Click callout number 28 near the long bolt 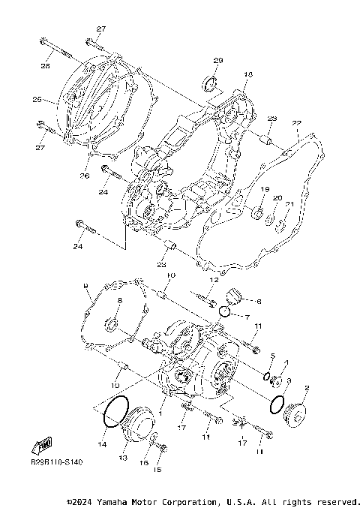coord(46,65)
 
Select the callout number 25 coord(36,99)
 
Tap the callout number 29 coord(218,60)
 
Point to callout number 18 coord(248,74)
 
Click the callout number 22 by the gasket coord(296,123)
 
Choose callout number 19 coord(265,189)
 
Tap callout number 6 coord(259,302)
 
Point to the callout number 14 coord(102,444)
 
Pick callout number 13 coord(122,457)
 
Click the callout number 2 coord(307,388)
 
